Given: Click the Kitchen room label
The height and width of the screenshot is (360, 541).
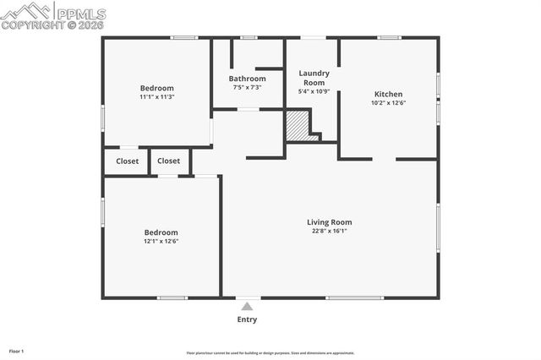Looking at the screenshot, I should click(x=388, y=94).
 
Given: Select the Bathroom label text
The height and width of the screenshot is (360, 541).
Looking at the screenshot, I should click(x=247, y=79).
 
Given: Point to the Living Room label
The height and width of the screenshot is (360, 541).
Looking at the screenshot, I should click(x=329, y=222).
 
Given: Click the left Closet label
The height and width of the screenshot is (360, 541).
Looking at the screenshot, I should click(x=128, y=161).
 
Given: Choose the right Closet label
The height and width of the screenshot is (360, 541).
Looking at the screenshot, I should click(x=168, y=161).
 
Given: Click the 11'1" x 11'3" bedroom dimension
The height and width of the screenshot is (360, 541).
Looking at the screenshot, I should click(x=157, y=97).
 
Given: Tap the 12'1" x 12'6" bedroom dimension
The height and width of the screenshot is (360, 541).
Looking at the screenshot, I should click(x=161, y=241).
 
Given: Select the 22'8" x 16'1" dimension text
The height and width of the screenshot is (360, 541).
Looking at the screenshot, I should click(x=329, y=231).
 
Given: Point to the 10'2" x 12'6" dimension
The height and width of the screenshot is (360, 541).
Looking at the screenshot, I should click(x=388, y=103).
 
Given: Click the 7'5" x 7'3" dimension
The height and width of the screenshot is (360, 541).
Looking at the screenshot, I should click(x=247, y=87).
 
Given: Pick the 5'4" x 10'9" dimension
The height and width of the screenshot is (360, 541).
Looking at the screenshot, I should click(x=314, y=91).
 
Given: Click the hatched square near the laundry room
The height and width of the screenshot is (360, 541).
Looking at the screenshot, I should click(x=297, y=128).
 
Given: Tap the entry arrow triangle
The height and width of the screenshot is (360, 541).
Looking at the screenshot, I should click(x=247, y=307).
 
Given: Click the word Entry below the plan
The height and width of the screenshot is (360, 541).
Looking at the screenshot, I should click(x=247, y=319).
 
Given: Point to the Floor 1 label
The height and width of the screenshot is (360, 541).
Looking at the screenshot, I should click(x=17, y=351).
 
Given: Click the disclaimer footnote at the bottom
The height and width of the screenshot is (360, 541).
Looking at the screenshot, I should click(x=270, y=353).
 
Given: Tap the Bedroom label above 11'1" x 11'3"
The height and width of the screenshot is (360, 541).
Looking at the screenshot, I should click(x=157, y=88).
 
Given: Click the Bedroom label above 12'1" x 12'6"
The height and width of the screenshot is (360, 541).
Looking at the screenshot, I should click(x=161, y=232).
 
